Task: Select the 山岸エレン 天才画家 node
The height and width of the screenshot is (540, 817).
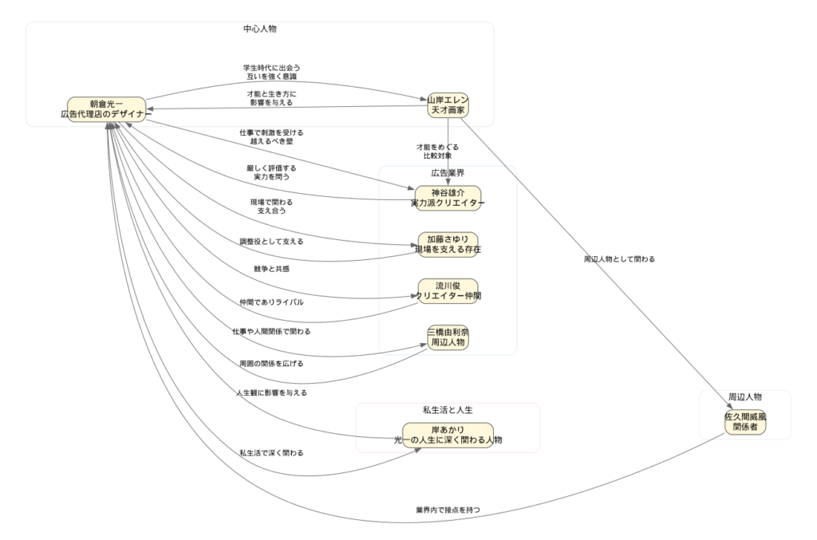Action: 448,104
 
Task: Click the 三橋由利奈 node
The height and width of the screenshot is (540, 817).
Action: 448,337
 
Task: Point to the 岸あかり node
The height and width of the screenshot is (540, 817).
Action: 448,435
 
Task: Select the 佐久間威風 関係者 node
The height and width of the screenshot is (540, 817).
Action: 745,421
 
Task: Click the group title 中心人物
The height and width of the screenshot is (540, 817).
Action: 260,29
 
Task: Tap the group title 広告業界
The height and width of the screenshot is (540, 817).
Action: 448,173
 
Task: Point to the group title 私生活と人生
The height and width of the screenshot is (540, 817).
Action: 448,410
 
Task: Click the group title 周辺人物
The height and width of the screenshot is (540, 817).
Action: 745,396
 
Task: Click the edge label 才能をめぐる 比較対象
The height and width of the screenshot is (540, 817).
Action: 437,152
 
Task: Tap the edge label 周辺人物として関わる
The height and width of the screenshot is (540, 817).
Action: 619,259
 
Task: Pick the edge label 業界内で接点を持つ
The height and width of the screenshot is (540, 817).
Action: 448,509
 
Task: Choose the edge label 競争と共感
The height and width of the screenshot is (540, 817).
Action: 271,269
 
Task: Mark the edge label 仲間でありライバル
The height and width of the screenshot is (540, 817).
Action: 271,302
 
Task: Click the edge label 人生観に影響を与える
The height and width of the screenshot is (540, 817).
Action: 271,392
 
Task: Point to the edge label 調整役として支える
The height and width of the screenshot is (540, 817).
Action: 271,240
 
